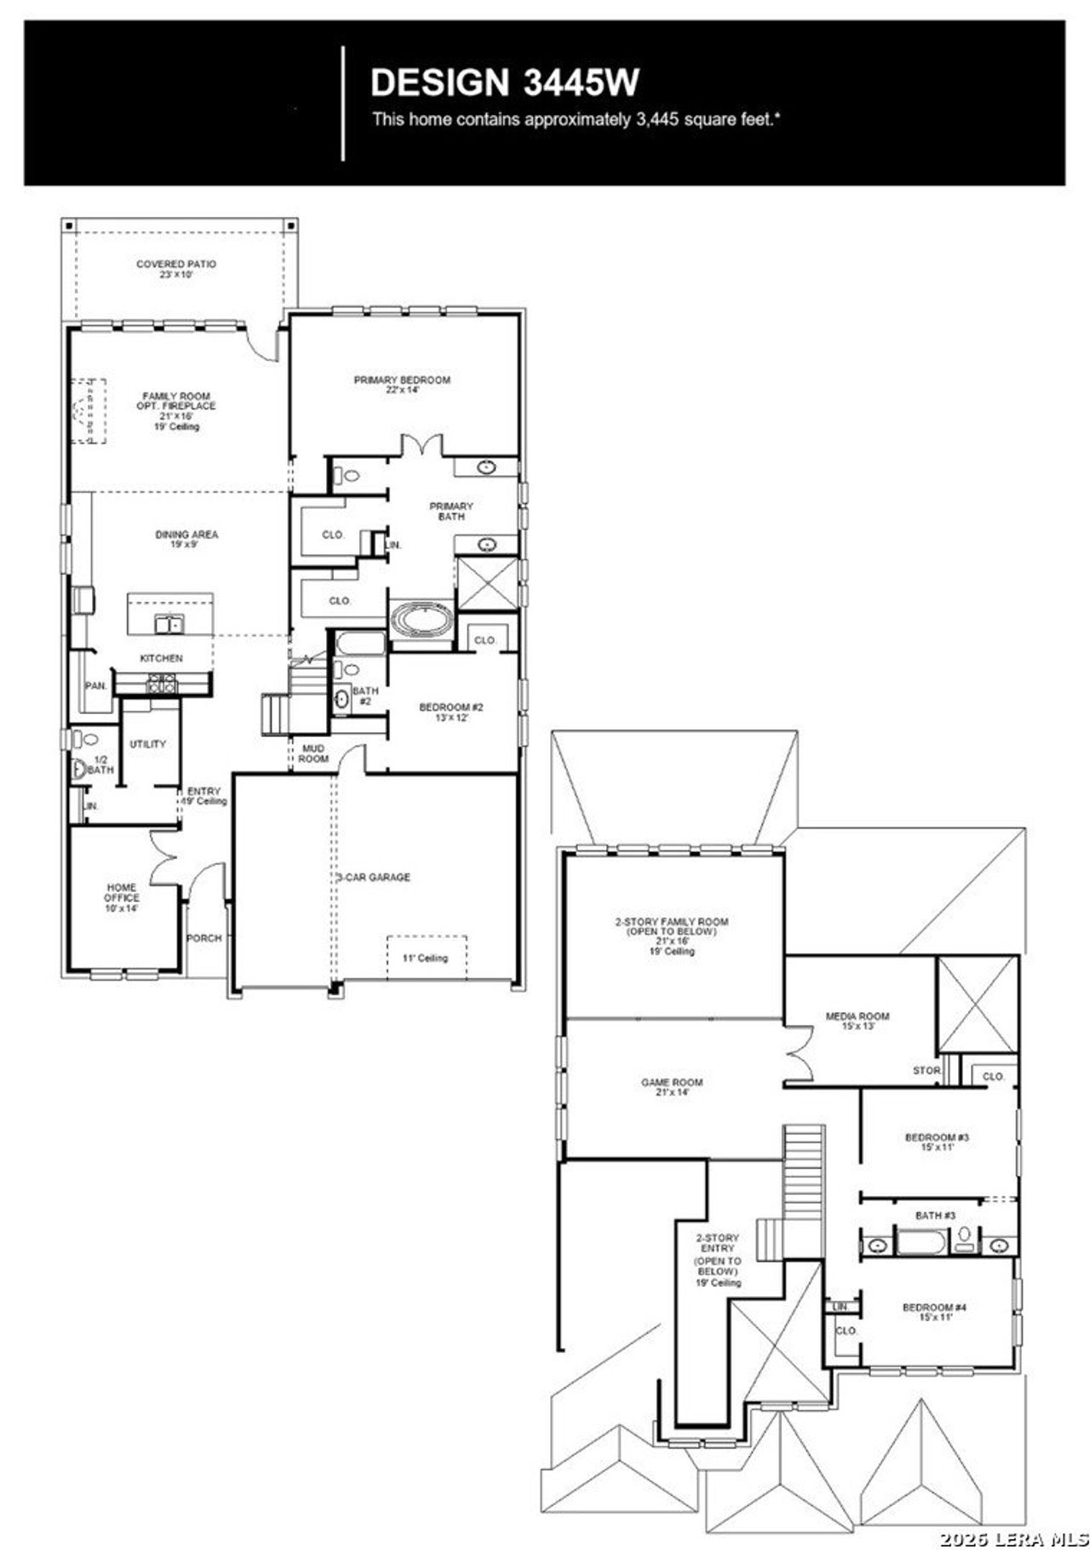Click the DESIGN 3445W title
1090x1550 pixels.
504,83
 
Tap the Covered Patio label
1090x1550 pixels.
176,269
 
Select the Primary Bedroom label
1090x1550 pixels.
402,385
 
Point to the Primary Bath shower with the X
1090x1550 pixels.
487,583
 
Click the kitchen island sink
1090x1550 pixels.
169,624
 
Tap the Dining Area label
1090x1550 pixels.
186,539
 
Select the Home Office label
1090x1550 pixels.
122,897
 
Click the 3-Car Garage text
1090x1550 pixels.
372,877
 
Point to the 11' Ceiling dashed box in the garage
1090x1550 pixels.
427,958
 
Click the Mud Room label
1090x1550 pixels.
313,753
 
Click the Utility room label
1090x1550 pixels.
147,744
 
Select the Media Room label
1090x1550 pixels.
857,1021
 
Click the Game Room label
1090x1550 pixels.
672,1087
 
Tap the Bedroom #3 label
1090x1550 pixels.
936,1141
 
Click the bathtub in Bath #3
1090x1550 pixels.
921,1245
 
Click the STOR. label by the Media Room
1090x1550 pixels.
926,1070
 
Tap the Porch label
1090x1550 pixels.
204,938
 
